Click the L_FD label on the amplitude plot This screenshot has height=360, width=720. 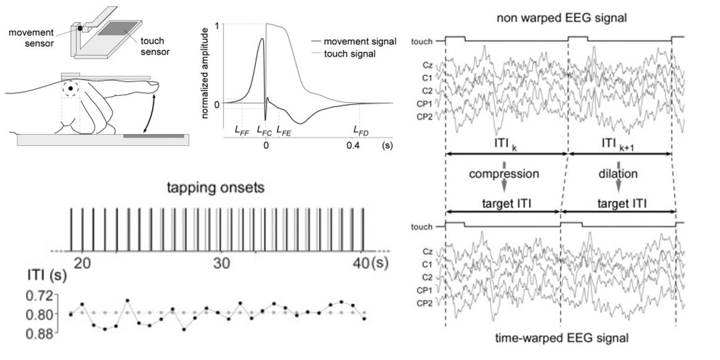[360, 131]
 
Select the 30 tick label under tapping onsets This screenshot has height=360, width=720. [222, 262]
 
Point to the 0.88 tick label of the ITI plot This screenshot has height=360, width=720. [45, 333]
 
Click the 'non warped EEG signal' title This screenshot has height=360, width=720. [561, 18]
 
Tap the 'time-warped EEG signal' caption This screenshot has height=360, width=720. [561, 339]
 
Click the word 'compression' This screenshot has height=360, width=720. [504, 174]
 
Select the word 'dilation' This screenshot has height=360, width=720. [618, 174]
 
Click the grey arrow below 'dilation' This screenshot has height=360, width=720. [618, 186]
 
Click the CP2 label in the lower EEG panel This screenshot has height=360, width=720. [425, 303]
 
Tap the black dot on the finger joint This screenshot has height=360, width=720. [71, 89]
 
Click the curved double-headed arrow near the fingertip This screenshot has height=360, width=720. [149, 115]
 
